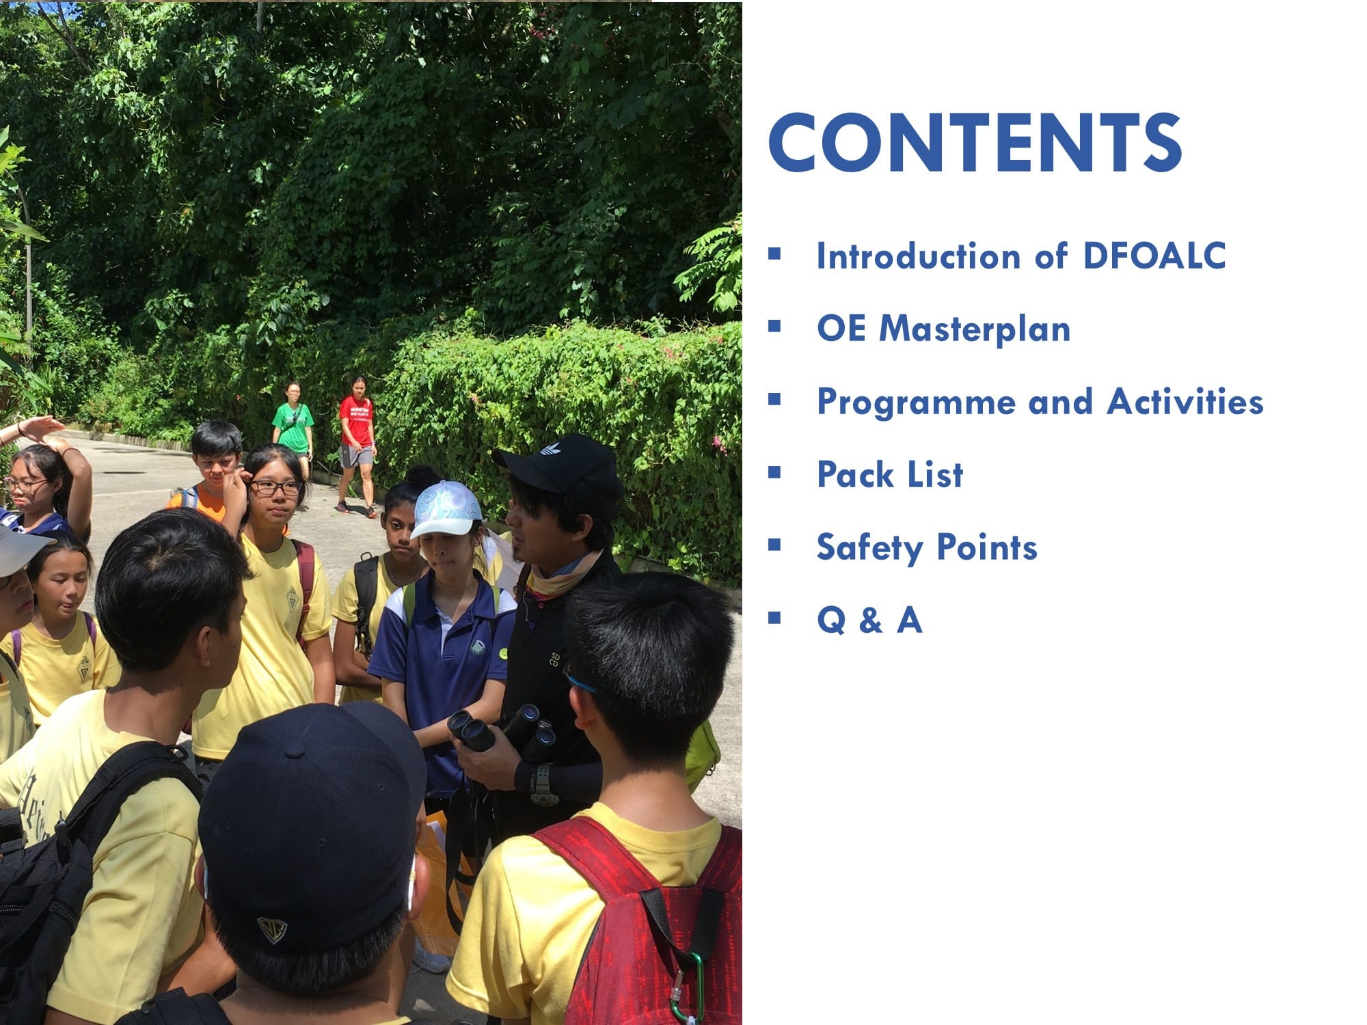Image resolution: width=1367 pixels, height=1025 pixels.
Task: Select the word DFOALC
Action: [1154, 256]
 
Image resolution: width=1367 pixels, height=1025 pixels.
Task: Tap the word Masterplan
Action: [975, 329]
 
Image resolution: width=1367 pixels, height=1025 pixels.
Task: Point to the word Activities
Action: [1185, 401]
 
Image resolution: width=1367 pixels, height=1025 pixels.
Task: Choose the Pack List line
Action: [890, 474]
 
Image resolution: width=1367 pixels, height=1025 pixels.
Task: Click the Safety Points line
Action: [927, 548]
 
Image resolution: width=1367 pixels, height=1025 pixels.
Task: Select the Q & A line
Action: [869, 620]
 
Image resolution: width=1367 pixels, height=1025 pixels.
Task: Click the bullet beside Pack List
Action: [774, 473]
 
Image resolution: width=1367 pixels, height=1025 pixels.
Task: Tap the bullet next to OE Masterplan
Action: [774, 327]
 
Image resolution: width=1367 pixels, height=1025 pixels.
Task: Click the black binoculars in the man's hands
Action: [502, 731]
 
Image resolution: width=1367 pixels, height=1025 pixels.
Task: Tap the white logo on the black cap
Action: [550, 449]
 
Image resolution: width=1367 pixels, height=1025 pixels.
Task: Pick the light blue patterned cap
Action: [447, 509]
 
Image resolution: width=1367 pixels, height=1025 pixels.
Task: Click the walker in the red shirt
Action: [356, 444]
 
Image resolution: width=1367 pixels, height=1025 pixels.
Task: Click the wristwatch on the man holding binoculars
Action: [543, 784]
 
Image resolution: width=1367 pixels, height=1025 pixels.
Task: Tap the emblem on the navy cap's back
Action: [271, 929]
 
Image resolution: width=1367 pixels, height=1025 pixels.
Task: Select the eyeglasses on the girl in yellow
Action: [275, 488]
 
